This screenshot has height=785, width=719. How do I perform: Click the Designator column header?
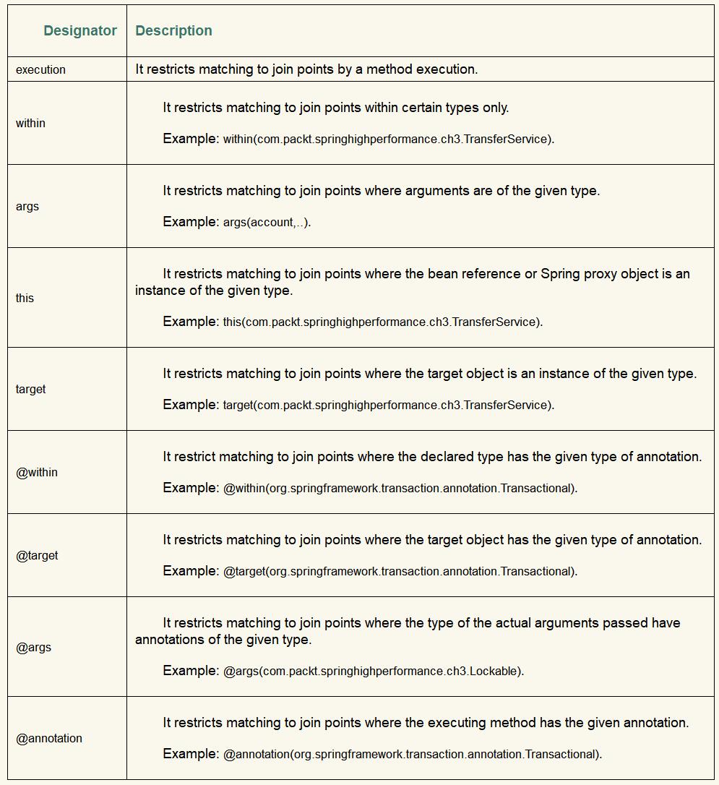(x=79, y=30)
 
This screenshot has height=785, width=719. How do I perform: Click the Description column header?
(x=173, y=30)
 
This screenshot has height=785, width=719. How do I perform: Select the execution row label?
(x=40, y=69)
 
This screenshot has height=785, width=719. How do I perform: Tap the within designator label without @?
(x=30, y=123)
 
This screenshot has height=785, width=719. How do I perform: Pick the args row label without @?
(x=27, y=206)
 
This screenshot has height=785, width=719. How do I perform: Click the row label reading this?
(x=25, y=298)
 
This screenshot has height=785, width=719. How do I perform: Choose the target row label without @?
(x=30, y=389)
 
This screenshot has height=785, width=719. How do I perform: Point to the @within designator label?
(x=37, y=472)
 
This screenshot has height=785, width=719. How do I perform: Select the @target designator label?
(x=37, y=555)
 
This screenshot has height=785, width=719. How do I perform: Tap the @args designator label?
(x=33, y=647)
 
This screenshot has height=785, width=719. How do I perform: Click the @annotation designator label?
(x=49, y=738)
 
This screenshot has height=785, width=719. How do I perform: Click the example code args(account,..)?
(x=267, y=223)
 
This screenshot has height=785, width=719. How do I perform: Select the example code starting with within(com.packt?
(x=388, y=140)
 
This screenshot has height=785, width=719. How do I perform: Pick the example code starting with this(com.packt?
(x=382, y=322)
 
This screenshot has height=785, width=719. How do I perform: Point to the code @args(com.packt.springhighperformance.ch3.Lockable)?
(x=373, y=672)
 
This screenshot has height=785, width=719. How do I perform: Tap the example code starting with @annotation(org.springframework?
(x=412, y=755)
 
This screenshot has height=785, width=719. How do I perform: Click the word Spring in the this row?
(x=560, y=274)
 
